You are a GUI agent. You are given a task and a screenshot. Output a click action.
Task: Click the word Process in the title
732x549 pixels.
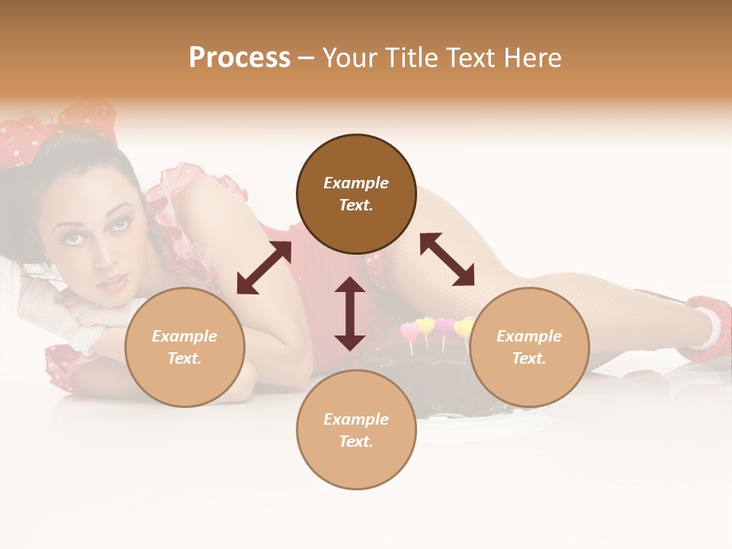[x=239, y=58]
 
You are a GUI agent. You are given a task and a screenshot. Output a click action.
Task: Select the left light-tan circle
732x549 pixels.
[x=185, y=348]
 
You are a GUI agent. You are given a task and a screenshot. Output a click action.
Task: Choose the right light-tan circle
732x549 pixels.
[x=529, y=348]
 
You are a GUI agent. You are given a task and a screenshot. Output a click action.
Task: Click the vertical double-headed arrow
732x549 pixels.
[x=350, y=313]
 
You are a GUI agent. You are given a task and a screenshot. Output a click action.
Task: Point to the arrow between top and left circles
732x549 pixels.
[x=264, y=268]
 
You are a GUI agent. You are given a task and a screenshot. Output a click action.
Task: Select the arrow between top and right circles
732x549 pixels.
[x=447, y=259]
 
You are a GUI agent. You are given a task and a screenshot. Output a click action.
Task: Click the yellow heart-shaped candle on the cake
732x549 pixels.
[x=425, y=326]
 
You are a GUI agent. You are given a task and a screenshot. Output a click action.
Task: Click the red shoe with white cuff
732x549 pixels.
[x=705, y=328]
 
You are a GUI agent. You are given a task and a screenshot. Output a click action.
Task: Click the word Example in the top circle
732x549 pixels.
[x=356, y=183]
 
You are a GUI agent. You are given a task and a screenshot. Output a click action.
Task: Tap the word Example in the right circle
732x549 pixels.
[x=529, y=336]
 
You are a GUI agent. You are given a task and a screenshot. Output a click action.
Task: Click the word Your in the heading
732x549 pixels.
[x=348, y=58]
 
